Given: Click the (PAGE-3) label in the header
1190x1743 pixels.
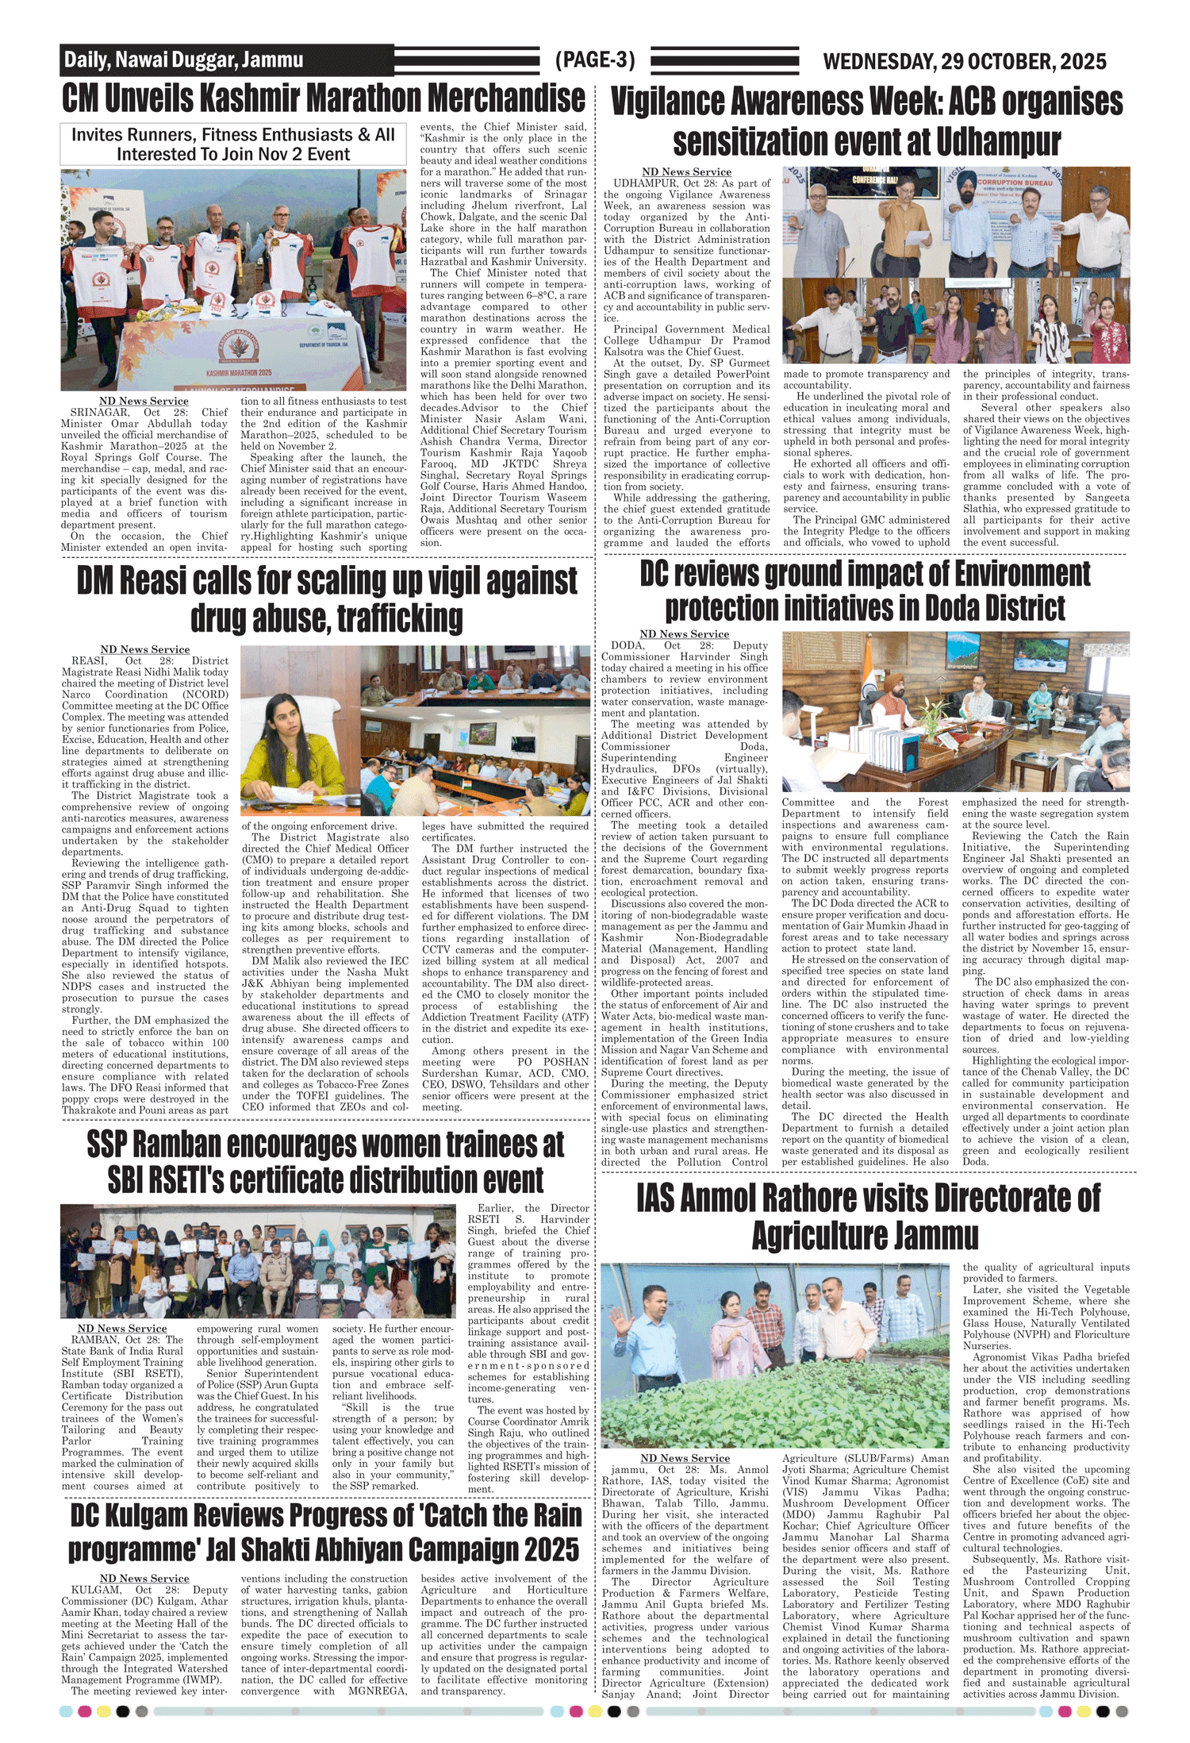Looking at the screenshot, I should click(595, 60).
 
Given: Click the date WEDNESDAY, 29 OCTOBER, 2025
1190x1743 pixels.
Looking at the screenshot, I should click(964, 61).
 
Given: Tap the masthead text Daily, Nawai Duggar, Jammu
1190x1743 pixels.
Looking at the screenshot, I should click(183, 60).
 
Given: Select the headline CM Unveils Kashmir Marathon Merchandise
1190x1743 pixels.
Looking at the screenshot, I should click(324, 98).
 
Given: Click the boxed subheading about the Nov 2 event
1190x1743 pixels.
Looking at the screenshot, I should click(233, 144).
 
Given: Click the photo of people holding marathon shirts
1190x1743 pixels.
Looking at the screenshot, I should click(222, 279).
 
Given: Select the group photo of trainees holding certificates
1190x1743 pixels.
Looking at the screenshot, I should click(258, 1262).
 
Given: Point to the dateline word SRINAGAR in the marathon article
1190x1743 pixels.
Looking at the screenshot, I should click(100, 413).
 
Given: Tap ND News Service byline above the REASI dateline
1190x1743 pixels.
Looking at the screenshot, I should click(145, 649).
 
